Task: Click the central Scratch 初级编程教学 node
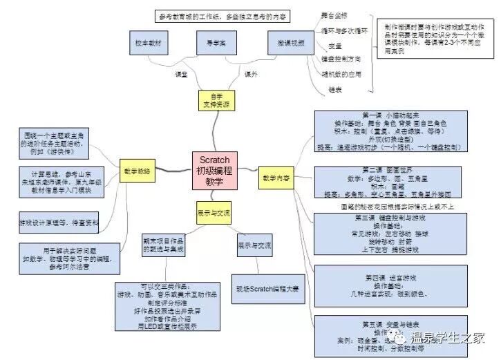pos(215,168)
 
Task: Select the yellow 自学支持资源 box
pos(214,101)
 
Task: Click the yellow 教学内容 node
pos(276,177)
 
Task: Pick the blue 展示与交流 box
pos(254,246)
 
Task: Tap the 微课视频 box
pos(286,43)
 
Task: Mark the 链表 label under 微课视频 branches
pos(336,90)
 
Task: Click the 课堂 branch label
pos(181,74)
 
